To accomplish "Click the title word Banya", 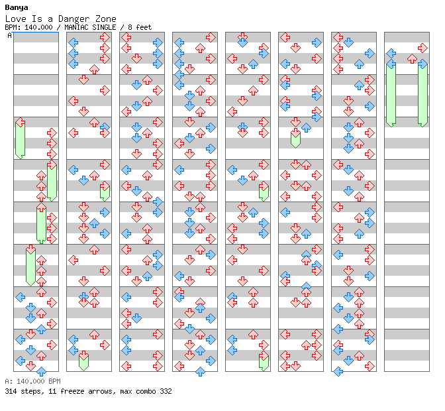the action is [17, 8].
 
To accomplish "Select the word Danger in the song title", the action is [74, 19].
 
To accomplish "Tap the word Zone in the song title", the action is [105, 19].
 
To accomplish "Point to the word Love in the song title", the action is [16, 19].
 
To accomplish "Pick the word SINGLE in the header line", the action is [106, 28].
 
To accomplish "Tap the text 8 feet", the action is [140, 28].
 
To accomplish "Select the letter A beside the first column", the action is [9, 36].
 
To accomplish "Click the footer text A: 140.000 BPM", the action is [32, 381].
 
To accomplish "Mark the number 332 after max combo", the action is [166, 391].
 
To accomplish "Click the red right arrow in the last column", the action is [422, 48].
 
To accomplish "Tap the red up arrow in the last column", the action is [412, 59].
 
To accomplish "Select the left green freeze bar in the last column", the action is [391, 95].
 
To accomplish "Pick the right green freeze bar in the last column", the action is [422, 95].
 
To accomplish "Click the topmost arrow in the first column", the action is [20, 123].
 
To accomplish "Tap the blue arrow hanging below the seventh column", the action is [338, 371].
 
